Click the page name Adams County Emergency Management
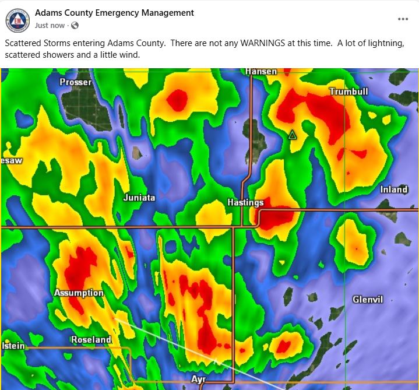click(114, 13)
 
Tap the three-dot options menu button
click(403, 19)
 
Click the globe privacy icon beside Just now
click(75, 26)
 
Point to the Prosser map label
click(75, 82)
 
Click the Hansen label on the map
click(261, 71)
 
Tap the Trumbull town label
click(348, 92)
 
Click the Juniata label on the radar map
click(139, 198)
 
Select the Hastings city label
click(245, 203)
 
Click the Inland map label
click(394, 189)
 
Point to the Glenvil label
click(368, 300)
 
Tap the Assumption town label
click(79, 293)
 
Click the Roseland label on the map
click(91, 339)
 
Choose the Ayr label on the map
click(199, 380)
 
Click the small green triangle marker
click(293, 135)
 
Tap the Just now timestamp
click(50, 26)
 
